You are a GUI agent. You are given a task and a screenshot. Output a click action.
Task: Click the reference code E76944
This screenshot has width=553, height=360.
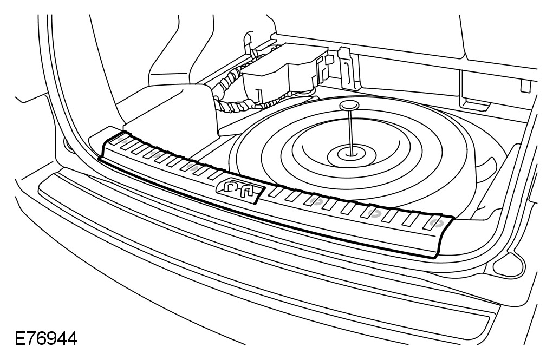pos(46,340)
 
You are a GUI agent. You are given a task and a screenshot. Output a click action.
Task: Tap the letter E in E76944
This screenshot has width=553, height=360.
pos(21,340)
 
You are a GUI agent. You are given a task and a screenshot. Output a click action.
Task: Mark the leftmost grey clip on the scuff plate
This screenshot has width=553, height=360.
pos(123,142)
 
